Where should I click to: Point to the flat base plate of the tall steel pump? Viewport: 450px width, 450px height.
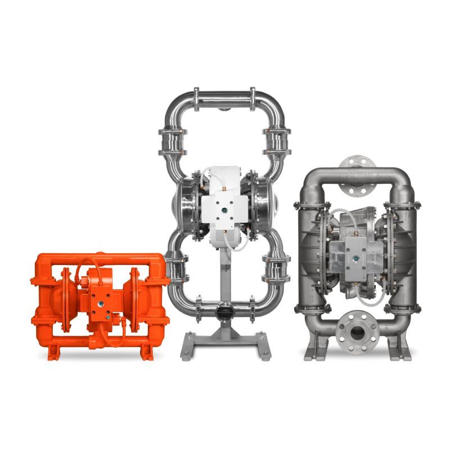pyautogui.click(x=223, y=343)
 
